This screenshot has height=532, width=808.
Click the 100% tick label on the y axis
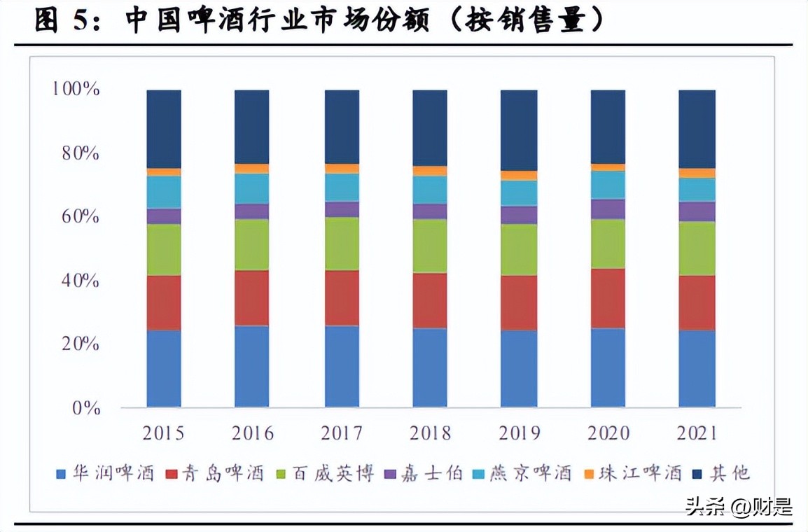coord(75,90)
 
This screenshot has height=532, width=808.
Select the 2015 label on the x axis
coord(164,433)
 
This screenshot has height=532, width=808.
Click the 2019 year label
coord(520,433)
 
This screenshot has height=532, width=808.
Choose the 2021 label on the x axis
coord(697,433)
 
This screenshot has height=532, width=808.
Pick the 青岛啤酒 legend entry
coord(216,474)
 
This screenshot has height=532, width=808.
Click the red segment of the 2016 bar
coord(251,297)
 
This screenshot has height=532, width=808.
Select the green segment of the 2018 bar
coord(430,246)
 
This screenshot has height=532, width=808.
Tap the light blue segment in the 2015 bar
coord(164,192)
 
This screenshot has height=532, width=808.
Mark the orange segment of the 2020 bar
coord(608,167)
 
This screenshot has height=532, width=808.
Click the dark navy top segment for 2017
coord(342,127)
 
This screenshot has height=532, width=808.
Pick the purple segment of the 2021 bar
coord(697,211)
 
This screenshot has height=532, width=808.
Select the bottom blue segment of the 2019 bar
coord(520,368)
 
